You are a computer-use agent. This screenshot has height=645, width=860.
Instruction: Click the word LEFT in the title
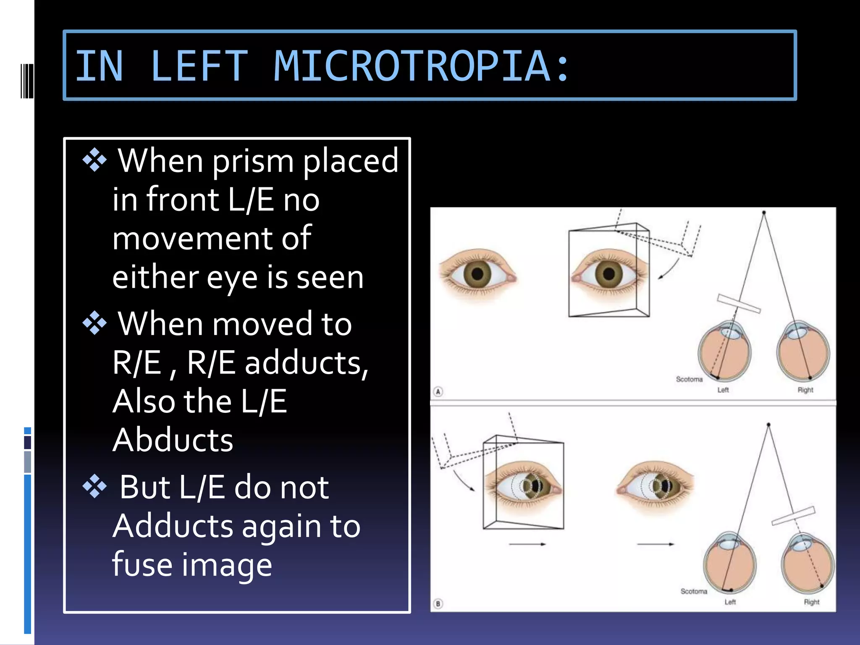tap(199, 66)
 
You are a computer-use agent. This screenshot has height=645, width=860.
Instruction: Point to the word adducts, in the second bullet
tap(307, 362)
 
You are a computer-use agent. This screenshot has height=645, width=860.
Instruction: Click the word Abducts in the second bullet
tap(173, 440)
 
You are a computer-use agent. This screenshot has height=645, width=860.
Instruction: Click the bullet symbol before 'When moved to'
tap(95, 323)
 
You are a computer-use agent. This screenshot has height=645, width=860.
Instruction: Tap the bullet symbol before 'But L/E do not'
tap(95, 486)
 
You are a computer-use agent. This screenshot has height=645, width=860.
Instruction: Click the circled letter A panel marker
tap(438, 392)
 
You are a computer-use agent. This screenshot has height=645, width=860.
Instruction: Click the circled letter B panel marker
tap(438, 604)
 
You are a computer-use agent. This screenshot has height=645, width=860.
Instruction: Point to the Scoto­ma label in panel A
tap(689, 379)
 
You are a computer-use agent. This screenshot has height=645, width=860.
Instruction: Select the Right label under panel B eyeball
tap(811, 602)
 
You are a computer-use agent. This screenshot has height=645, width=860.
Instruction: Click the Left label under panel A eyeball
tap(723, 390)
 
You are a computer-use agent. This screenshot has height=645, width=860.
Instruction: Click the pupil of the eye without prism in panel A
tap(477, 274)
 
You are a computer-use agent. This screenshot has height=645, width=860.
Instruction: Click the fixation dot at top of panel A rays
tap(764, 213)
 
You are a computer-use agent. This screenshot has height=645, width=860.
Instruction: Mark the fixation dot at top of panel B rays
tap(768, 425)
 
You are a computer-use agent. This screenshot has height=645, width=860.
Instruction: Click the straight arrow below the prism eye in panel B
tap(527, 544)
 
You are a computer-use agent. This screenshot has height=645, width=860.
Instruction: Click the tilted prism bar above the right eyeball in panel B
tap(793, 516)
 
